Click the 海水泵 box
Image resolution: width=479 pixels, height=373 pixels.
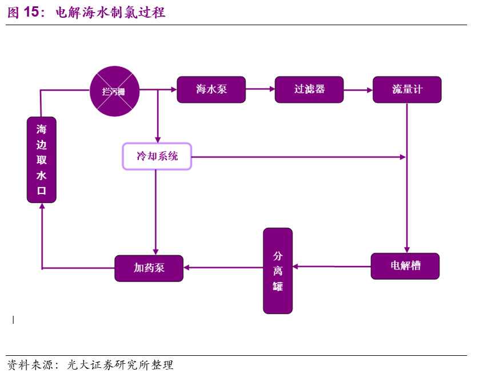(x=211, y=90)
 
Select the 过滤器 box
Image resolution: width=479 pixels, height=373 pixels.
(x=309, y=90)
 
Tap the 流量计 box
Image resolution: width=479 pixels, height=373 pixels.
(x=407, y=90)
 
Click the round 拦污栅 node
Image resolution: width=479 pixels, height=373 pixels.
(x=116, y=90)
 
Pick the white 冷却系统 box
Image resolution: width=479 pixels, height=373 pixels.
(x=157, y=156)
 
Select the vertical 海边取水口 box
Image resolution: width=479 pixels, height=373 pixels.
(x=42, y=160)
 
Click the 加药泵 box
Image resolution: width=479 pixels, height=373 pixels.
(x=149, y=268)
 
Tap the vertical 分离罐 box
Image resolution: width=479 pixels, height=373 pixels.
(x=278, y=271)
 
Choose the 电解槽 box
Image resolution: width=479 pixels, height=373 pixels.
(x=405, y=266)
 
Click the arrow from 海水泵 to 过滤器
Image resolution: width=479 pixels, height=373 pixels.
(x=260, y=89)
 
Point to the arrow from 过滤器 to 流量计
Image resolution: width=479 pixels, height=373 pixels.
(x=358, y=89)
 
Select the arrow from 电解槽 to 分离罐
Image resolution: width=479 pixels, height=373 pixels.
(x=332, y=266)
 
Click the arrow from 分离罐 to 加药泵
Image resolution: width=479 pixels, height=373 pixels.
(x=223, y=267)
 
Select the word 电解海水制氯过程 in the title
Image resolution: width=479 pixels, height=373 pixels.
(x=110, y=13)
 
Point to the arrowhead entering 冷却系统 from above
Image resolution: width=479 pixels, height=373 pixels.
(x=157, y=140)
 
